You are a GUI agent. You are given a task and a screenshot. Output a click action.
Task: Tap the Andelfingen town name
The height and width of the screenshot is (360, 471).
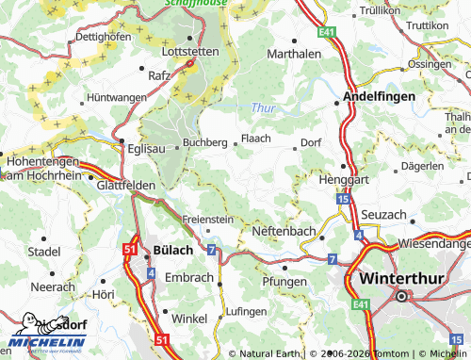click(x=378, y=96)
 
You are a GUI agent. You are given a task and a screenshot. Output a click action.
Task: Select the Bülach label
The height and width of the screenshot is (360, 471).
click(x=171, y=250)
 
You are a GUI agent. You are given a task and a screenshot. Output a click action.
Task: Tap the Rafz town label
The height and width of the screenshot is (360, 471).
click(x=159, y=74)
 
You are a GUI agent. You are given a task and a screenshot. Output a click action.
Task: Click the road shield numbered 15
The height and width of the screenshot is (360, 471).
click(x=342, y=200)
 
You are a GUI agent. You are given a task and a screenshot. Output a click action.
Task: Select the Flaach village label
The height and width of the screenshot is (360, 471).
click(x=256, y=138)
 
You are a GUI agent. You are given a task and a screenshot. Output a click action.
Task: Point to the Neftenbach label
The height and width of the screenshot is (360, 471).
click(x=285, y=231)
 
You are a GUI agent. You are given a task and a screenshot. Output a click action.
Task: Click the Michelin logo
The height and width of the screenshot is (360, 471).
click(x=47, y=338)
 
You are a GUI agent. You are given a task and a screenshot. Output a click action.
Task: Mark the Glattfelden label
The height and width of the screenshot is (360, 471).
click(x=125, y=187)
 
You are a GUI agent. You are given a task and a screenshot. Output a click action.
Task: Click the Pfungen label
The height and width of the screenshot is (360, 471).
click(x=284, y=282)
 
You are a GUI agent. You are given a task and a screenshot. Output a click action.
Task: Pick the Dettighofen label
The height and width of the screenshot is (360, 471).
click(x=102, y=36)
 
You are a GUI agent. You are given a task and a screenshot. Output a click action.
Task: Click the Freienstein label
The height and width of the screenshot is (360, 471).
click(x=207, y=219)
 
